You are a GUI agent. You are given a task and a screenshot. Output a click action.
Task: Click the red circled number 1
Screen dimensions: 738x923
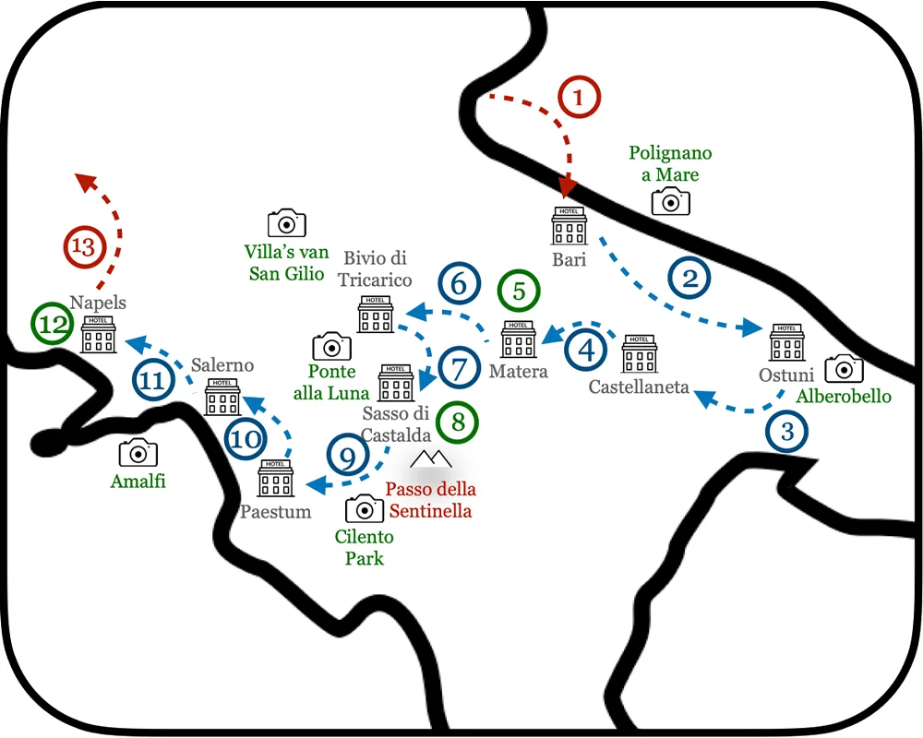(x=581, y=97)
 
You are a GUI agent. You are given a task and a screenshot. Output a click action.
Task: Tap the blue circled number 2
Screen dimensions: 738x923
(x=690, y=278)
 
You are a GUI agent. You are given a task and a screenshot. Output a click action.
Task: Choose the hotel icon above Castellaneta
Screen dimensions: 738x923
(x=640, y=352)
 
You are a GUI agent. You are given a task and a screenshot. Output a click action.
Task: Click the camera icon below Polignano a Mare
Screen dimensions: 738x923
(x=671, y=201)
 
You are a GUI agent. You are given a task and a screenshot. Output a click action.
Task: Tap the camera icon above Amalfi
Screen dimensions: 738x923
(x=138, y=452)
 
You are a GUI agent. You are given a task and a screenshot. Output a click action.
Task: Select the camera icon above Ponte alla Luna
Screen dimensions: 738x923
(x=331, y=346)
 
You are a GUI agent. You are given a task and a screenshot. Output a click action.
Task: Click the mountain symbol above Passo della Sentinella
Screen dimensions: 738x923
(x=431, y=458)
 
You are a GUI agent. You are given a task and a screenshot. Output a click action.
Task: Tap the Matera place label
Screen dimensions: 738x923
(x=519, y=372)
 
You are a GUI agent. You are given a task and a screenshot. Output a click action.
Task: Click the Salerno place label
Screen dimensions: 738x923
(x=222, y=365)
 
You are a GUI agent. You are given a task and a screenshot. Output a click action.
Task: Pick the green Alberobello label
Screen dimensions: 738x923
(x=844, y=396)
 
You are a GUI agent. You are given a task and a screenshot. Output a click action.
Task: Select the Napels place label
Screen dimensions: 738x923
(x=98, y=303)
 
